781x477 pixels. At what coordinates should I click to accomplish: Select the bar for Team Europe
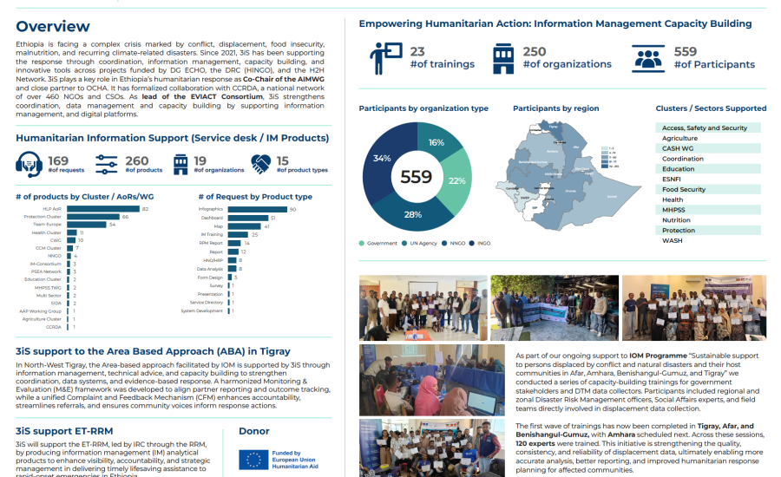point(86,225)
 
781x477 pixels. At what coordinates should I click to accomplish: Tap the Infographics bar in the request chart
point(257,209)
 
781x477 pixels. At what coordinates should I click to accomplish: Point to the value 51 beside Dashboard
point(272,218)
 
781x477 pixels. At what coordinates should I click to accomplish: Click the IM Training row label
point(212,234)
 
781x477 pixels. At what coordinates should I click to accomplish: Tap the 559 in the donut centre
point(417,177)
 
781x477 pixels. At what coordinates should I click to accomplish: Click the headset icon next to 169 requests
point(30,163)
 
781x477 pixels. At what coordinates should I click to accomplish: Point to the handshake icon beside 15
point(262,163)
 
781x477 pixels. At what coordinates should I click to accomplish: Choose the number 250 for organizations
point(534,52)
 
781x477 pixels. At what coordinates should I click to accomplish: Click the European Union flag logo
point(253,458)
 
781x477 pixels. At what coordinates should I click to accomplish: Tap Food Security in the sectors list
point(683,189)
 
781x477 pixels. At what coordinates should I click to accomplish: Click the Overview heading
point(52,27)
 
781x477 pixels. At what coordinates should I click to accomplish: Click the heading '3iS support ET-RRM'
point(64,430)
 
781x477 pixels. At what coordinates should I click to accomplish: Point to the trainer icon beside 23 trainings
point(383,58)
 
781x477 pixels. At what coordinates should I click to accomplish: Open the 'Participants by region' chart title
point(555,108)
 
